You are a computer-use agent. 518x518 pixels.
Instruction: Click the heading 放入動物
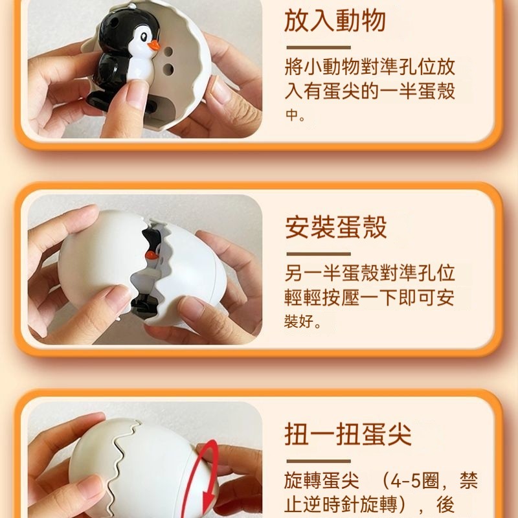[335, 21]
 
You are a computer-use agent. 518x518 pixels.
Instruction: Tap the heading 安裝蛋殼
[335, 227]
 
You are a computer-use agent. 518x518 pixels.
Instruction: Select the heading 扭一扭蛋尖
[348, 434]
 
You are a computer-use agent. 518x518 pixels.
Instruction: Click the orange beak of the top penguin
[153, 45]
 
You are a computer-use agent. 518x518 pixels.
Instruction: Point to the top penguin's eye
[144, 37]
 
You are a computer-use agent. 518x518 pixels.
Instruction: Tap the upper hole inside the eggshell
[168, 52]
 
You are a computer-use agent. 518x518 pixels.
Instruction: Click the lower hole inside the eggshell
[168, 69]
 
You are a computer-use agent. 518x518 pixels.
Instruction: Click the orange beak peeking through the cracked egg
[152, 254]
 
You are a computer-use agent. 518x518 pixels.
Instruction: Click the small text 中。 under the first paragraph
[295, 115]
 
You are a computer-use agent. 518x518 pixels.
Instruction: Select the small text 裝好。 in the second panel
[302, 321]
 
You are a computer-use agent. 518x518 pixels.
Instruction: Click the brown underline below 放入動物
[319, 47]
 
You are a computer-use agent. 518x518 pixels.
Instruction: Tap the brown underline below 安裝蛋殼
[319, 254]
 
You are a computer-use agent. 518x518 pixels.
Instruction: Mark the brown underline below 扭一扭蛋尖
[319, 461]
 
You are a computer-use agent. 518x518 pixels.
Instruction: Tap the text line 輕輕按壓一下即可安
[369, 297]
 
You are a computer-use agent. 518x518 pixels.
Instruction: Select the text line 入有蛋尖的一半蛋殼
[370, 91]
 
